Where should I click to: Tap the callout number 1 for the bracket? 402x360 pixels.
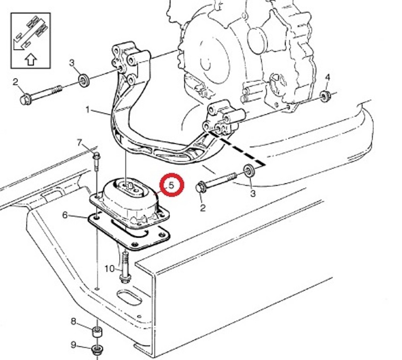click(88, 110)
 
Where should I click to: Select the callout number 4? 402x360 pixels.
click(327, 77)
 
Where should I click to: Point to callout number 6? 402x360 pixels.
click(65, 215)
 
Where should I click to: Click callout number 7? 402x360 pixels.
click(80, 142)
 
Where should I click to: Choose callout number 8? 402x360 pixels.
click(74, 321)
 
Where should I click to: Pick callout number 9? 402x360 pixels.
click(74, 345)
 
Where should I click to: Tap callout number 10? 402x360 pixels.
click(109, 269)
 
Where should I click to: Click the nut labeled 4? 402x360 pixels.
click(325, 97)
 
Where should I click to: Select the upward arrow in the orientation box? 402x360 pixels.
click(31, 60)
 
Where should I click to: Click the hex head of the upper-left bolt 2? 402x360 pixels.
click(25, 99)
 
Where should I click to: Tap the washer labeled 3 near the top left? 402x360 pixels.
click(83, 81)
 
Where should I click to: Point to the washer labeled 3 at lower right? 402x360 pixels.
click(249, 171)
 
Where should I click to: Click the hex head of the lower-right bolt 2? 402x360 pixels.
click(202, 187)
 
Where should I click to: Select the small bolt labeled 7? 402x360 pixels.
click(97, 162)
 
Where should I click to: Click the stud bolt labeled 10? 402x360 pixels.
click(125, 268)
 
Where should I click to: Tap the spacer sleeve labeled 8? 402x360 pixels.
click(97, 332)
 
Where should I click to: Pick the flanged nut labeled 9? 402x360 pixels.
click(97, 350)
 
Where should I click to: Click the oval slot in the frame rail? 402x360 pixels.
click(129, 298)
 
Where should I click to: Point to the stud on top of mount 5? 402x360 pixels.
click(130, 186)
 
